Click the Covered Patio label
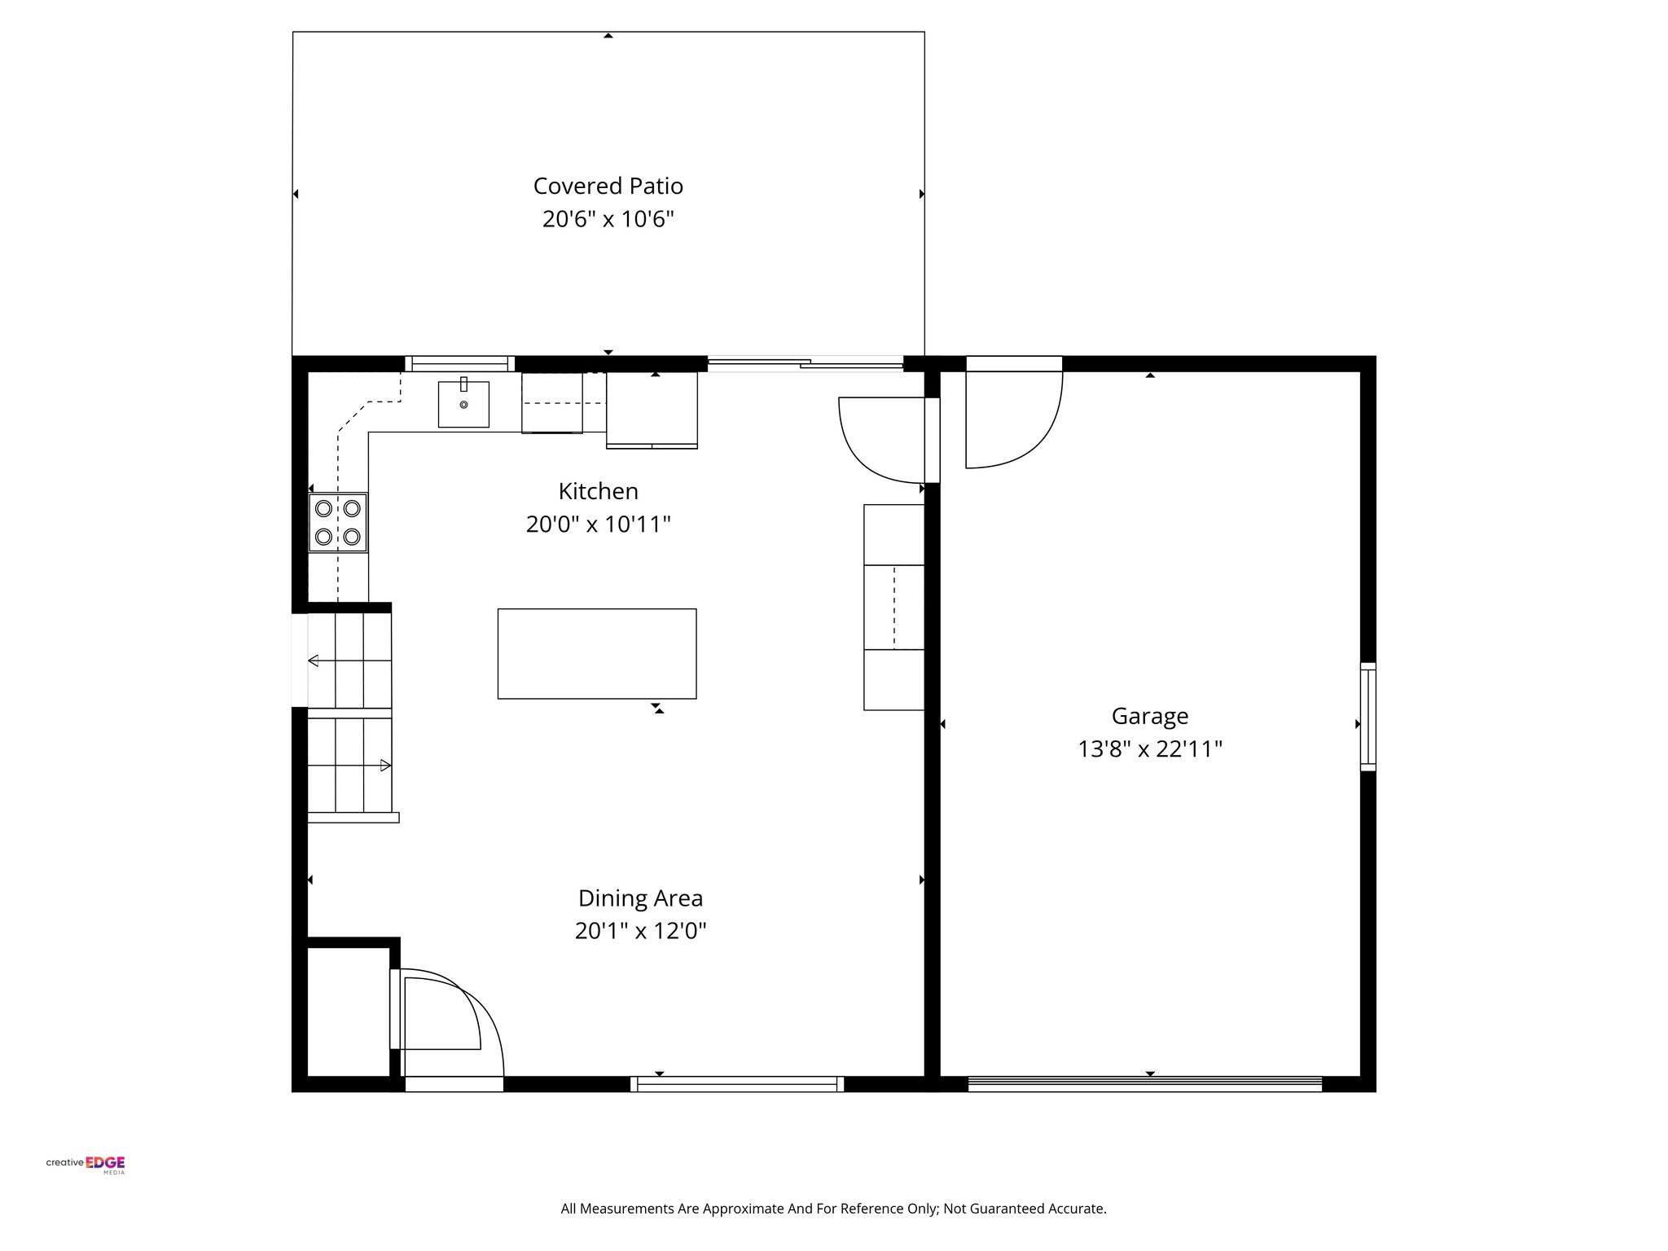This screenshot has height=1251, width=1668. coord(608,187)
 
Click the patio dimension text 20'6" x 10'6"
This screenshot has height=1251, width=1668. coord(608,220)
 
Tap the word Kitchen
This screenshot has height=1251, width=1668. coord(598,491)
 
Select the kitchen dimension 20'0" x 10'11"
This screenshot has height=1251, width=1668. coord(598,525)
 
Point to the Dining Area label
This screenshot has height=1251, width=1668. coord(640,898)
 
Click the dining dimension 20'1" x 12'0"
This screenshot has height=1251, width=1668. coord(640,931)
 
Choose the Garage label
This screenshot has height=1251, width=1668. coord(1149,716)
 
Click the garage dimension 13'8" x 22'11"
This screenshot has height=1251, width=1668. coord(1149,749)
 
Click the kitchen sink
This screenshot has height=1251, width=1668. coord(463,404)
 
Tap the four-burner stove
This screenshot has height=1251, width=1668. coord(338,522)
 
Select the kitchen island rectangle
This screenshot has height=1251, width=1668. coord(597,653)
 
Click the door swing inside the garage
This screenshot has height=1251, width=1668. coord(1010,419)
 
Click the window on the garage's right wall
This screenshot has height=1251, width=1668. coord(1367,717)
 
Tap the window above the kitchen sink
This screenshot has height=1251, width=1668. coord(459,364)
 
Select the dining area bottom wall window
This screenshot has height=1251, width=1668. coord(737,1083)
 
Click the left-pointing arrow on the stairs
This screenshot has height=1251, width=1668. coord(314,661)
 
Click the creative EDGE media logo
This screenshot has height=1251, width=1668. coord(86,1164)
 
